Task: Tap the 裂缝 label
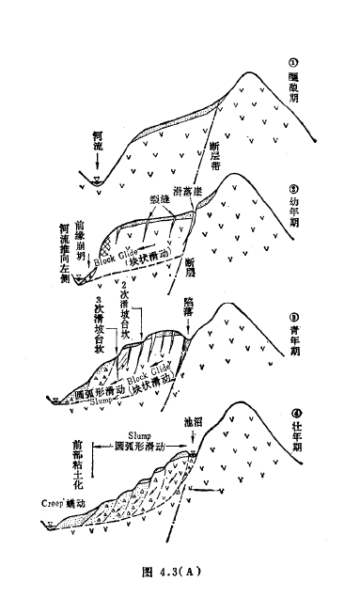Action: [159, 201]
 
